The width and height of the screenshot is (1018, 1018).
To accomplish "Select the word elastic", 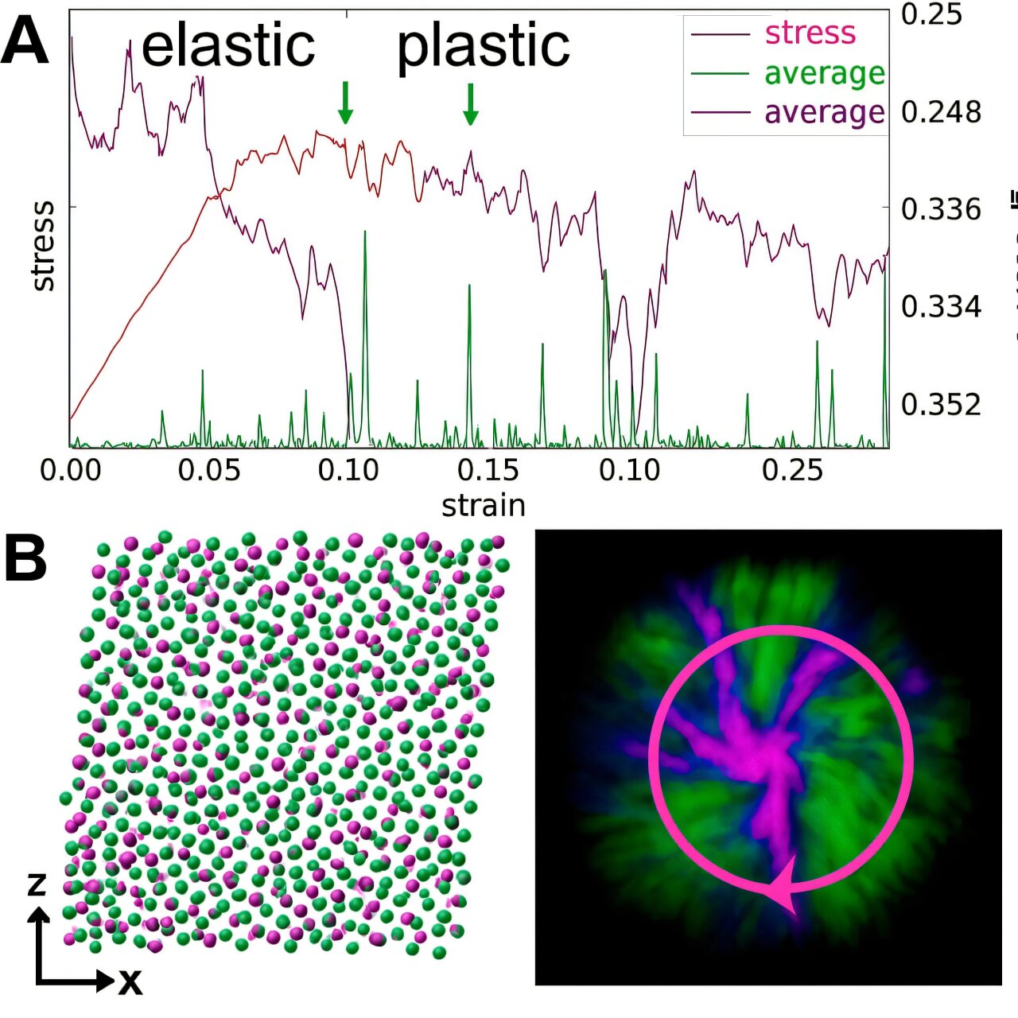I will [228, 45].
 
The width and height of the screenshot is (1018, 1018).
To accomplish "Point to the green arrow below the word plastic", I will [470, 104].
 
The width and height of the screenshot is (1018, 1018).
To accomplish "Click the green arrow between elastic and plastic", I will [345, 103].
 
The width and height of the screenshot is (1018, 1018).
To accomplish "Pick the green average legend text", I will [824, 73].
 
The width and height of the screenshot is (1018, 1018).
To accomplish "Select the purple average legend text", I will [824, 112].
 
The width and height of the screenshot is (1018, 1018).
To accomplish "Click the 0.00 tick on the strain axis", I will [71, 470].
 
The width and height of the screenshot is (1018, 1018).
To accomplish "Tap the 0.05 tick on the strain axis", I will [209, 470].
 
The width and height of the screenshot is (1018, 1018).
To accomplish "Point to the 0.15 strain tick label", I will [488, 470].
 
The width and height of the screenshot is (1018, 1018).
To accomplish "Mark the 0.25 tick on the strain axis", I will [792, 470].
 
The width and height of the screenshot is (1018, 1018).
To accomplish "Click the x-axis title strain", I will [484, 506].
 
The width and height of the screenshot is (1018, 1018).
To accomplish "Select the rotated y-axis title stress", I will [43, 246].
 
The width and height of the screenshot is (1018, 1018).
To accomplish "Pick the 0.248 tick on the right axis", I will [941, 112].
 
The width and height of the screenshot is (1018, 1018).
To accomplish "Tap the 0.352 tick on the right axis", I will [941, 405].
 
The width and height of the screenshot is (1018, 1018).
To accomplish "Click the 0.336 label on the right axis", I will [941, 209].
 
